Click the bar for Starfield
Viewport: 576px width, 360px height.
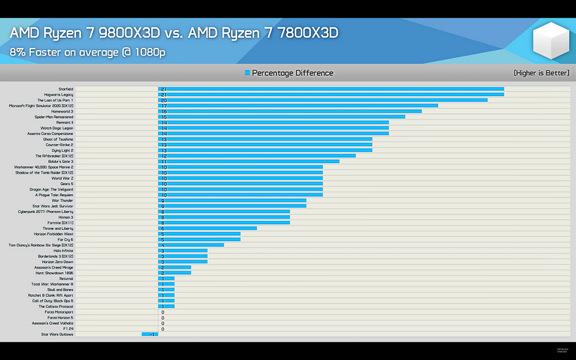click(331, 89)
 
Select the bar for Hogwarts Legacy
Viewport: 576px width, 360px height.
click(331, 95)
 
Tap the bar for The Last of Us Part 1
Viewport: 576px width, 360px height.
click(322, 101)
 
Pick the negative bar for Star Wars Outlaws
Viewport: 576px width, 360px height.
click(150, 335)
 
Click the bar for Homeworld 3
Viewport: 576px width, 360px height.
click(290, 111)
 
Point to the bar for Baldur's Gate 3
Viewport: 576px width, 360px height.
click(248, 162)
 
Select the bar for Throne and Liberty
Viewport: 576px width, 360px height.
click(207, 229)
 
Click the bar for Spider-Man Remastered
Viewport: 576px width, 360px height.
click(281, 117)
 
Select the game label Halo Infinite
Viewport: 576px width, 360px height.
click(63, 250)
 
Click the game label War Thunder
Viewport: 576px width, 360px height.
click(62, 200)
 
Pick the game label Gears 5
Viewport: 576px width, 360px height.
click(67, 184)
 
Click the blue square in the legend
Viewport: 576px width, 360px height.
click(248, 73)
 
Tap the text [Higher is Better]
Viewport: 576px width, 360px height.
click(541, 73)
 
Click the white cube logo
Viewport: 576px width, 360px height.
click(551, 41)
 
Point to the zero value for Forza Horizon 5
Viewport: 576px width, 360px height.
click(162, 318)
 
